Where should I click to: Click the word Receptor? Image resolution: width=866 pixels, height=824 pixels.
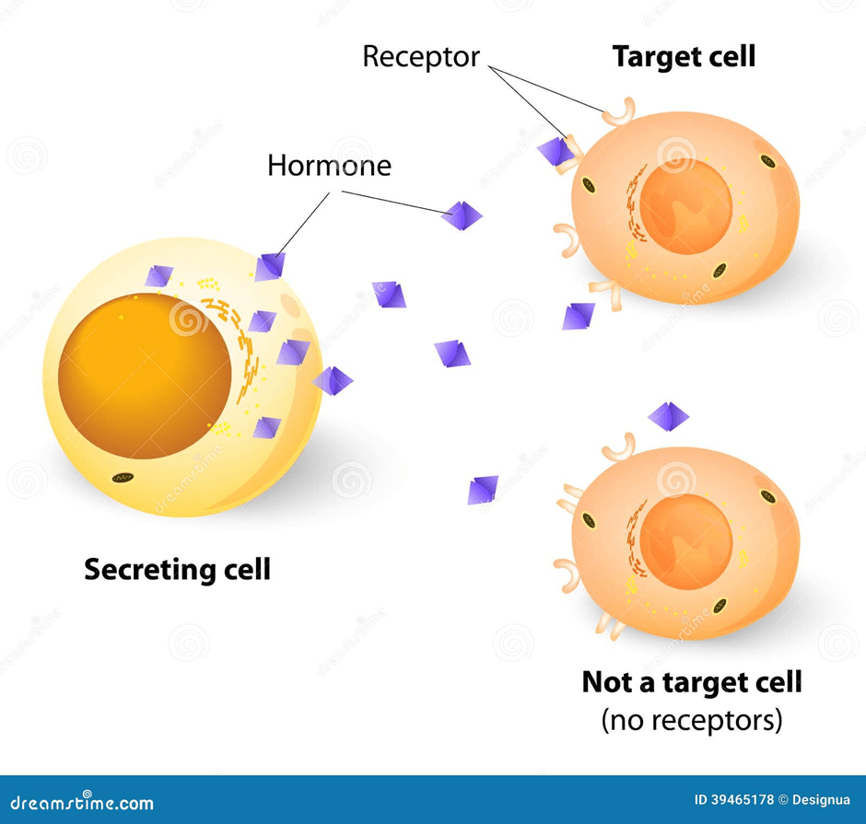421,57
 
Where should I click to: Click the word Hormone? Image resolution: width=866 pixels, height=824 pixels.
329,166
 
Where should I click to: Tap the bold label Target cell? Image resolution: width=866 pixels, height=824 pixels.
684,57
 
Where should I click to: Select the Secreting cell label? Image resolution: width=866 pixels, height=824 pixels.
177,569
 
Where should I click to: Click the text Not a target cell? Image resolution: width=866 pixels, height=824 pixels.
691,682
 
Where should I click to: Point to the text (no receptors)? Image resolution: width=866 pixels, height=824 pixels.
691,719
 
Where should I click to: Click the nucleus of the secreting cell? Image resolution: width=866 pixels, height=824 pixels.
144,375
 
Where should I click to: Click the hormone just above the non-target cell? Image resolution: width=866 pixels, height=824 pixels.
668,416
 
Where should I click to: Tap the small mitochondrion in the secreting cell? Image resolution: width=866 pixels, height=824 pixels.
121,478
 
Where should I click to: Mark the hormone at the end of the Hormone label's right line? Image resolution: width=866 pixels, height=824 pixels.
462,215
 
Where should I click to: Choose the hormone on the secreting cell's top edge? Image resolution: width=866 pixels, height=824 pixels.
270,266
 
